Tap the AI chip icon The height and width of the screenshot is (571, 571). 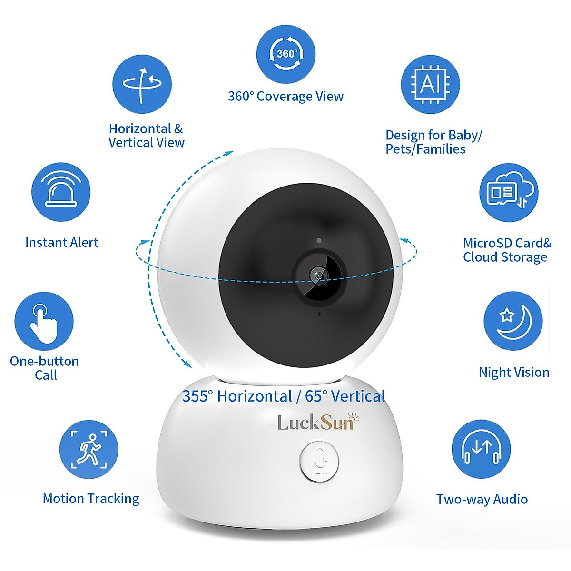click(x=430, y=84)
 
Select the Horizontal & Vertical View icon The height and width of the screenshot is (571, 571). click(x=142, y=84)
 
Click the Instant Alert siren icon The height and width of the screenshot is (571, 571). click(x=61, y=192)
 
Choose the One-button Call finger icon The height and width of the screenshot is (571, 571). click(x=44, y=321)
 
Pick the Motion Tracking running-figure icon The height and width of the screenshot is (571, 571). click(x=89, y=449)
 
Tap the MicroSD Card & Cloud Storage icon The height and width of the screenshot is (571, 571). click(x=508, y=192)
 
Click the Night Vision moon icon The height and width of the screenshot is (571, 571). click(x=513, y=321)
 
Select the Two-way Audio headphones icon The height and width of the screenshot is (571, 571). click(x=481, y=449)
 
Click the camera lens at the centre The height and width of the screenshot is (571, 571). click(x=317, y=275)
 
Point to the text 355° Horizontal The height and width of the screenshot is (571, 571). click(x=237, y=396)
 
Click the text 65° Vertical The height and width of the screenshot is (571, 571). click(x=345, y=396)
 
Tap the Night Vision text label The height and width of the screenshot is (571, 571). click(x=514, y=372)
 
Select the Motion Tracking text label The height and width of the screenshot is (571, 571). click(x=91, y=498)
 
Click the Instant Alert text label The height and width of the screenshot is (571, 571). click(x=61, y=242)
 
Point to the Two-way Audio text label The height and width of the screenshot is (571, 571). click(x=482, y=499)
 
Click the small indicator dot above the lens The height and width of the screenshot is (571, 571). click(x=318, y=241)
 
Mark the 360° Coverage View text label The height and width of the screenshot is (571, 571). click(x=285, y=96)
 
